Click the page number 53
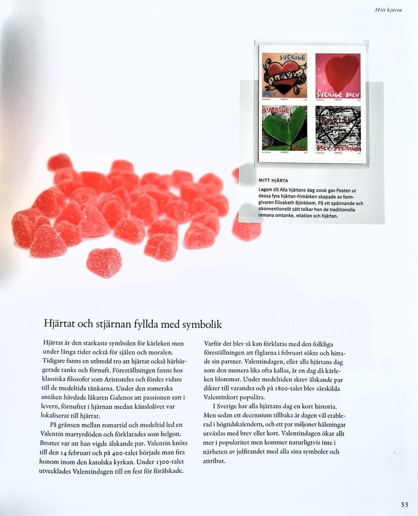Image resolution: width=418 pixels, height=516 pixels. tap(404, 505)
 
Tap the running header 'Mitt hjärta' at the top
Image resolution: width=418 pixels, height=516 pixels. tap(388, 9)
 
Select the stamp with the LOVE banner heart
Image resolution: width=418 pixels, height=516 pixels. tap(285, 75)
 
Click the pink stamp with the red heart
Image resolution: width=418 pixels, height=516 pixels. tap(338, 75)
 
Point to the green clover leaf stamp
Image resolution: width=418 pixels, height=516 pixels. tap(285, 128)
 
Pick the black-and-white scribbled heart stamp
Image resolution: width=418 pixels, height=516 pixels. tap(338, 128)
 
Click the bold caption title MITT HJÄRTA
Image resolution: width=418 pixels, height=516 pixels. tap(274, 181)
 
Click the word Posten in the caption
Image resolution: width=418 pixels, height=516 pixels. tap(349, 190)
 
